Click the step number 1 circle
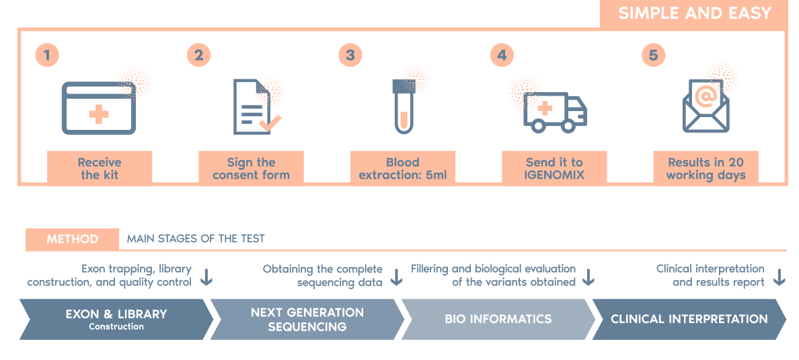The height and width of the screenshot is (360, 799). [x=47, y=55]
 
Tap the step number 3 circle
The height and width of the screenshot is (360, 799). [x=350, y=55]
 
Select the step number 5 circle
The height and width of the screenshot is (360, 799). [x=653, y=55]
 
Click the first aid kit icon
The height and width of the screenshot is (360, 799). [x=99, y=107]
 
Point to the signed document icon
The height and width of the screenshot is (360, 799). [x=256, y=107]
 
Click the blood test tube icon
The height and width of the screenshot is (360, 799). [x=403, y=106]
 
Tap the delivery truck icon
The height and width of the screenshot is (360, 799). [x=554, y=111]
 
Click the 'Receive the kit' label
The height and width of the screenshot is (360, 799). [x=100, y=168]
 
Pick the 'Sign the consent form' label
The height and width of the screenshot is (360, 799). [x=251, y=168]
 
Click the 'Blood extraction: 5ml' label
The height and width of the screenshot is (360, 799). [x=402, y=168]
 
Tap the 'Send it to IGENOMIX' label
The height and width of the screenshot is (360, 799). [x=554, y=168]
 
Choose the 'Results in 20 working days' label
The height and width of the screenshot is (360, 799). [x=706, y=168]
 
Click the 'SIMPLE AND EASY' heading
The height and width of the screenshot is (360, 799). [x=694, y=13]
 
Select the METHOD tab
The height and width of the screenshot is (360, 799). [x=72, y=239]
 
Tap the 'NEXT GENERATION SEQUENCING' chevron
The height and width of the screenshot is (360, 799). [x=307, y=320]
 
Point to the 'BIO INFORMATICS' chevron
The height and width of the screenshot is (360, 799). [x=498, y=320]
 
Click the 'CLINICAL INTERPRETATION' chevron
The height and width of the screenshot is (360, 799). [x=689, y=320]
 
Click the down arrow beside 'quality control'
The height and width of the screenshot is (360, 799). [x=206, y=277]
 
